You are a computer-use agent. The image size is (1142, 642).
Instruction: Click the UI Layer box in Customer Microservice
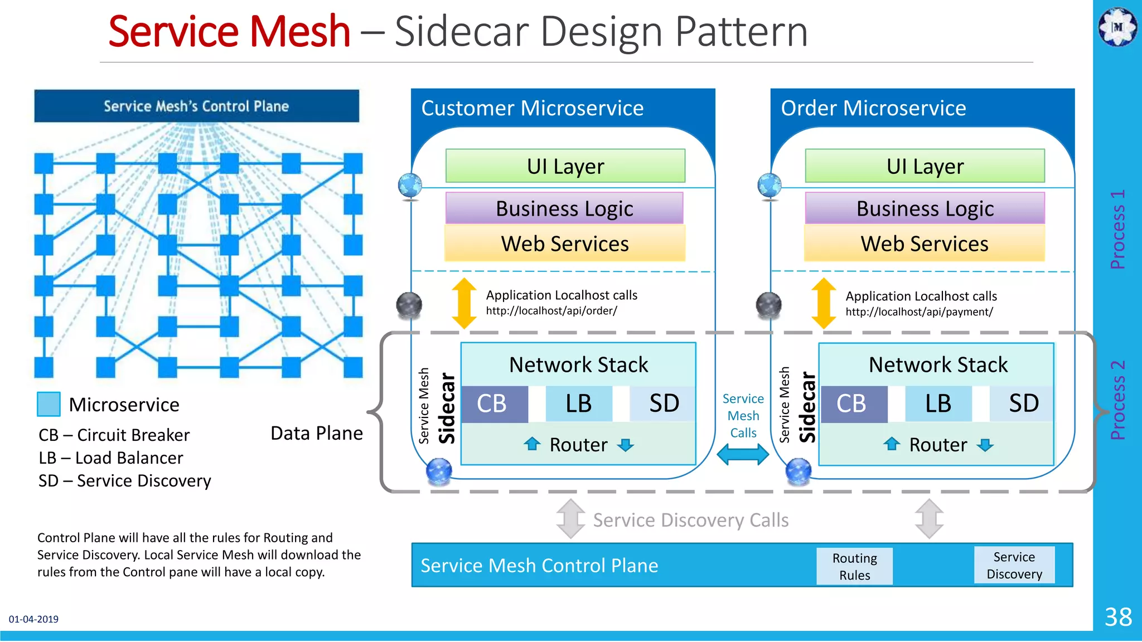(x=565, y=166)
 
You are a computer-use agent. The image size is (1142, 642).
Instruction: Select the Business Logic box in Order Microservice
(x=925, y=208)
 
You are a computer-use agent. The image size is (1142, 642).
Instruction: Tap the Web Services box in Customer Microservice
(x=564, y=244)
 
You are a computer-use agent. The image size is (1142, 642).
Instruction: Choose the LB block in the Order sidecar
(x=938, y=403)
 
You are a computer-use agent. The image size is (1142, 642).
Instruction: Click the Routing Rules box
(x=854, y=566)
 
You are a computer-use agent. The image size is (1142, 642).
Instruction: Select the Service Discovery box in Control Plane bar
(x=1014, y=565)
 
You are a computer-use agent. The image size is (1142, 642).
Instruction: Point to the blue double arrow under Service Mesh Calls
(x=743, y=454)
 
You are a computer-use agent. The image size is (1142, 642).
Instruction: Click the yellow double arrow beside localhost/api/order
(x=464, y=303)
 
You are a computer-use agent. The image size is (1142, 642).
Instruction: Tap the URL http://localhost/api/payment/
(x=919, y=312)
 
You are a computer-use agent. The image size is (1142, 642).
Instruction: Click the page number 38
(x=1118, y=617)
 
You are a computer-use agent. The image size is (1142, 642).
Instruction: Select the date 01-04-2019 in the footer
(x=33, y=619)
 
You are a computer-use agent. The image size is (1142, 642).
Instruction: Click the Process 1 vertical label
(x=1117, y=229)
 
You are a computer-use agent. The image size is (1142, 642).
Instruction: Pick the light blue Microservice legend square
(x=49, y=404)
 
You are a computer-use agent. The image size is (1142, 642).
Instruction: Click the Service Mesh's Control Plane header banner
(x=196, y=106)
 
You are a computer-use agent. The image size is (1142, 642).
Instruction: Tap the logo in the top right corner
(x=1117, y=26)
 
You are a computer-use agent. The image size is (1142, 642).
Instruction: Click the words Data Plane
(x=316, y=433)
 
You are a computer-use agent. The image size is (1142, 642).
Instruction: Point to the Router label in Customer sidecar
(x=578, y=445)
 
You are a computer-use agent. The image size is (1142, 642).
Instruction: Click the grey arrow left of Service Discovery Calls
(x=570, y=519)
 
